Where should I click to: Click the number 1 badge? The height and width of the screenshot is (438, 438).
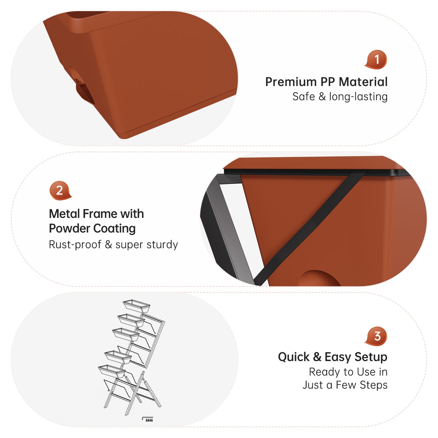pyautogui.click(x=376, y=59)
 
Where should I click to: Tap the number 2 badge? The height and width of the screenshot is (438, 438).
pyautogui.click(x=60, y=190)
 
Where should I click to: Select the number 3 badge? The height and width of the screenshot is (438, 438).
pyautogui.click(x=376, y=336)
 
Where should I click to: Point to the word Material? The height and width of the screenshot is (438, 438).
pyautogui.click(x=363, y=82)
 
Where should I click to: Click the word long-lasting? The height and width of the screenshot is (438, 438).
pyautogui.click(x=358, y=97)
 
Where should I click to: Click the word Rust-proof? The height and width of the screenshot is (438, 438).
pyautogui.click(x=75, y=245)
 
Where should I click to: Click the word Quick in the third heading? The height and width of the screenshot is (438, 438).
pyautogui.click(x=294, y=357)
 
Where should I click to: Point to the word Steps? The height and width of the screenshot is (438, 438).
pyautogui.click(x=374, y=385)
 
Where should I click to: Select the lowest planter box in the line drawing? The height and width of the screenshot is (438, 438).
pyautogui.click(x=112, y=371)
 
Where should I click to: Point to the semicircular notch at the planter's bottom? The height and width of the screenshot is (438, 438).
pyautogui.click(x=319, y=279)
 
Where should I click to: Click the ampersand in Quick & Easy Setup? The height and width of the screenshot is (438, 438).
pyautogui.click(x=317, y=357)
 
